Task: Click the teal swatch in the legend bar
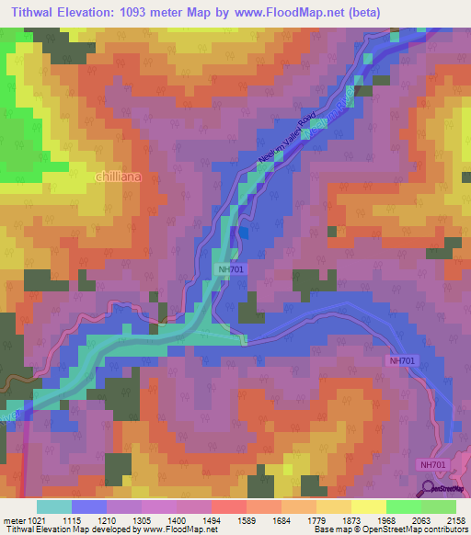[54, 507]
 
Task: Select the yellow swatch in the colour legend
[367, 507]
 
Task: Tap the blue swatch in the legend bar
[89, 507]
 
